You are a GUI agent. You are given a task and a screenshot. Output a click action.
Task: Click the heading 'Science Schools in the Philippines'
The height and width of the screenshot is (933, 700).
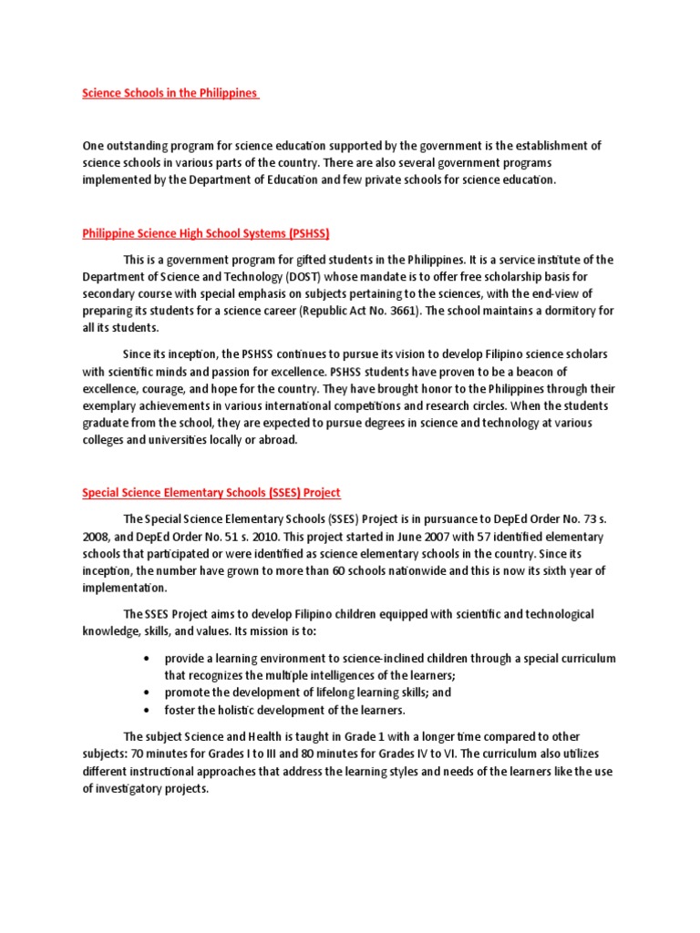point(170,93)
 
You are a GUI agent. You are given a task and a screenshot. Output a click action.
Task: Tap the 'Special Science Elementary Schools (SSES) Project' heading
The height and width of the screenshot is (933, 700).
point(211,493)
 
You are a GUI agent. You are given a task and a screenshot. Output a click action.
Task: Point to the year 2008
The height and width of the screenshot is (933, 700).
point(98,537)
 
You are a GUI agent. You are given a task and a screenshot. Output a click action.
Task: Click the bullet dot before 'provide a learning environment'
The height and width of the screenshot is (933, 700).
point(148,659)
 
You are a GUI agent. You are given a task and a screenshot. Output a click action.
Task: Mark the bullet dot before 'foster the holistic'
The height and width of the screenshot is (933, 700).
point(148,711)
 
